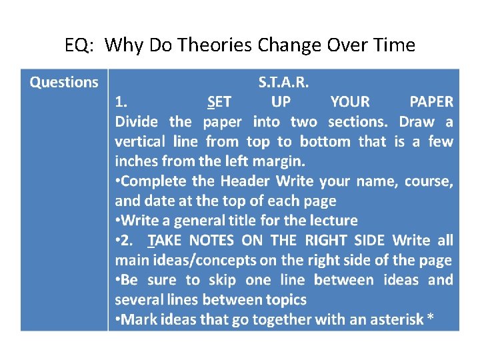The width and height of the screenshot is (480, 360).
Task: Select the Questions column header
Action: point(64,83)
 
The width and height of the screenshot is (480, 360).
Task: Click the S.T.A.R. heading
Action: point(283,83)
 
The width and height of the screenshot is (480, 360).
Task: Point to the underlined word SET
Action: point(219,102)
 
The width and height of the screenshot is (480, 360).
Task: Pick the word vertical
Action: point(139,141)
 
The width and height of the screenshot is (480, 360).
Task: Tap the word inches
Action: point(136,161)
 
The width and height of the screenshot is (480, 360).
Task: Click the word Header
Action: point(245,181)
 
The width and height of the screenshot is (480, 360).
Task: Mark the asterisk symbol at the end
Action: point(431,319)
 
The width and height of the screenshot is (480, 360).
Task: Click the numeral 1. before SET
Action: point(121,102)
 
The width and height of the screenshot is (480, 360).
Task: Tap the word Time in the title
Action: point(395,45)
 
